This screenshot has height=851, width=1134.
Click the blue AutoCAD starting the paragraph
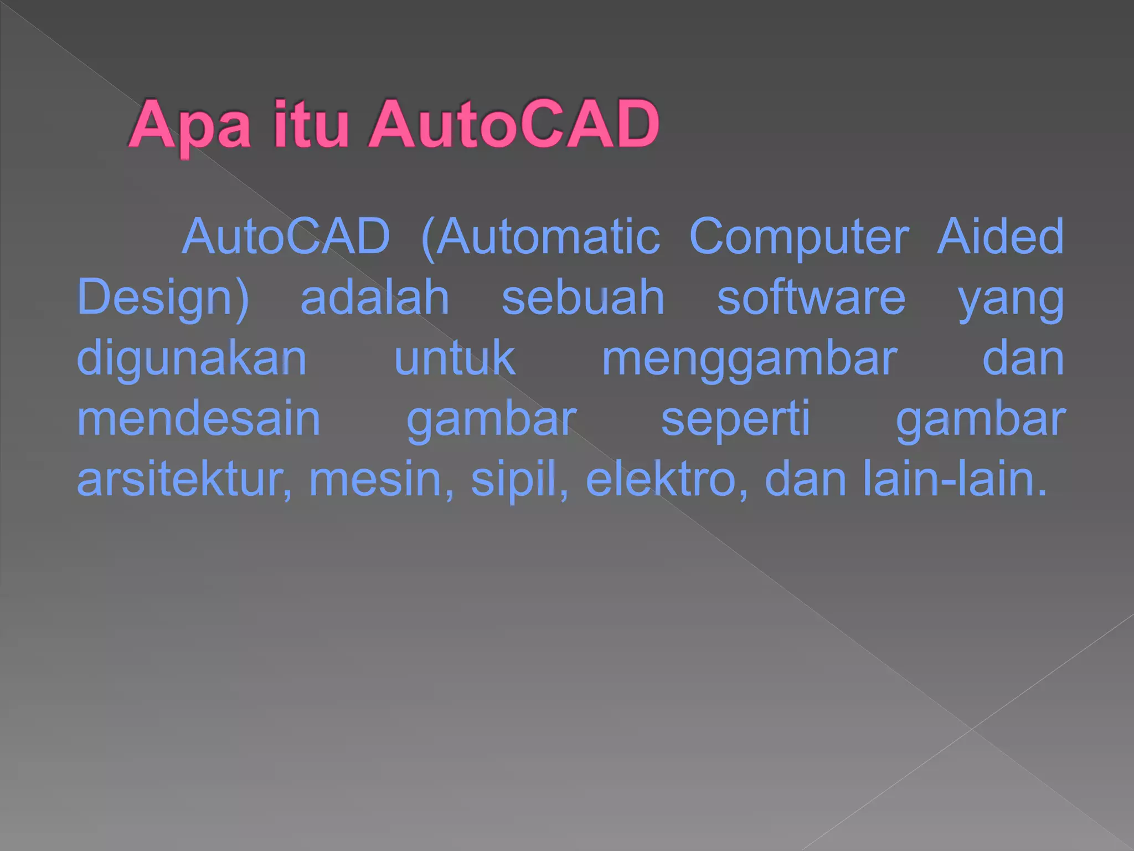(x=286, y=237)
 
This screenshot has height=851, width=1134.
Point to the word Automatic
(x=541, y=237)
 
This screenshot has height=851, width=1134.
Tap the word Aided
(x=1000, y=237)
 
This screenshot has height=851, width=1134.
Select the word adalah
(x=374, y=298)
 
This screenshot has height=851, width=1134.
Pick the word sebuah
(x=583, y=298)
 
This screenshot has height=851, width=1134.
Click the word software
(x=811, y=298)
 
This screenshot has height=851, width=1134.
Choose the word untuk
(x=455, y=359)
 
